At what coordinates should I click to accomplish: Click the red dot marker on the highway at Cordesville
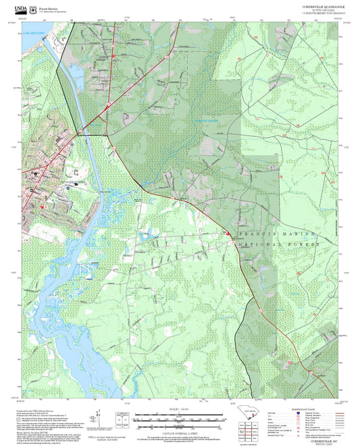tap(228, 234)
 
